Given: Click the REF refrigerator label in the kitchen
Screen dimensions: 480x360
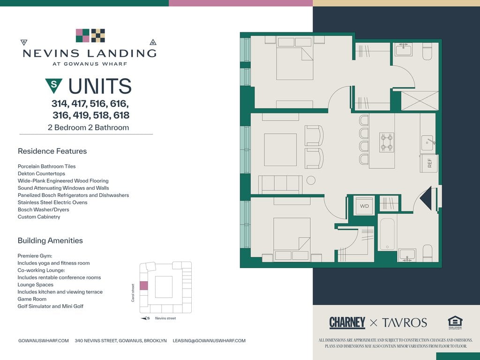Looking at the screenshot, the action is [x=429, y=163].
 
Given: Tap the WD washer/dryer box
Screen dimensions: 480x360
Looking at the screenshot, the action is [x=364, y=206].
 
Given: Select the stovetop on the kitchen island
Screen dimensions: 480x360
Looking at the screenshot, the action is [x=387, y=142].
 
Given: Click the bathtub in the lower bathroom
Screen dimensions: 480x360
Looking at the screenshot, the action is [x=387, y=234].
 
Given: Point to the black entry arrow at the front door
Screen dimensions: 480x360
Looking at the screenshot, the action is [x=427, y=198].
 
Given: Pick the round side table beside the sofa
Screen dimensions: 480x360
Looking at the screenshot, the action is [x=311, y=180].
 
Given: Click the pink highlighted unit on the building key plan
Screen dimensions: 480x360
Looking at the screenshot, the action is [x=144, y=285].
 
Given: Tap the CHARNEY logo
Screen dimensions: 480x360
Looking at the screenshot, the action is [x=347, y=322].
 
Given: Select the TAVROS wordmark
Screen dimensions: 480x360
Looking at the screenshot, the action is [x=404, y=322].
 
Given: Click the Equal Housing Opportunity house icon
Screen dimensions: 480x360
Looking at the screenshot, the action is [x=455, y=322].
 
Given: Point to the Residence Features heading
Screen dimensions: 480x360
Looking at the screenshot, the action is [x=52, y=151].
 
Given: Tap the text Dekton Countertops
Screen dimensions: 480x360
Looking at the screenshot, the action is [x=41, y=173].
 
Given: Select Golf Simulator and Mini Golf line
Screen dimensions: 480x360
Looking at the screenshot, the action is [x=51, y=306].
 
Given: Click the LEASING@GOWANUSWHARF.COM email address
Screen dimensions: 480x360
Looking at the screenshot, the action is [x=209, y=340].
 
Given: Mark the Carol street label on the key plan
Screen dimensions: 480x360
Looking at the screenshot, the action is [x=133, y=293].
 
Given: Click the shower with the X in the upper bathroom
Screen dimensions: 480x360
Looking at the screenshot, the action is [x=420, y=101].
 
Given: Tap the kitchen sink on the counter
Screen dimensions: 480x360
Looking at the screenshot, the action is [x=427, y=143].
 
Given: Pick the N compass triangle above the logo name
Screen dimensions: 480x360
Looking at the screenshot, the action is [x=153, y=42].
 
